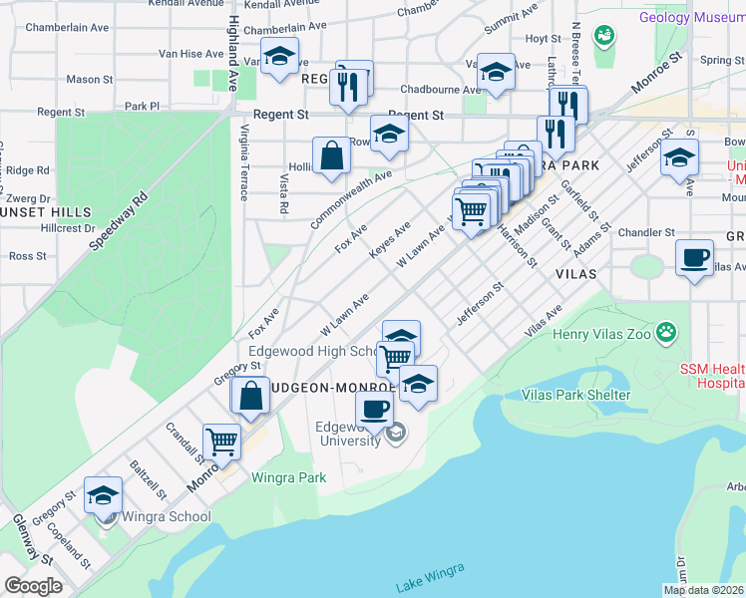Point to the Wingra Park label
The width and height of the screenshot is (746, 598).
(x=289, y=477)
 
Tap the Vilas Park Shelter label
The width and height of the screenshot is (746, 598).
(x=576, y=395)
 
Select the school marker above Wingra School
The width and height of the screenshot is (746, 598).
(x=103, y=495)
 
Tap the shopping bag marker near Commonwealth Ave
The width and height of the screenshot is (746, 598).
(x=331, y=155)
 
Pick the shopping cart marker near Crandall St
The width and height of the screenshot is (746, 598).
(x=221, y=441)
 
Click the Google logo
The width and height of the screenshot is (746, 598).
(x=33, y=585)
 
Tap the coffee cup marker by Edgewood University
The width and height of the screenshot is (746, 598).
(x=375, y=408)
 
